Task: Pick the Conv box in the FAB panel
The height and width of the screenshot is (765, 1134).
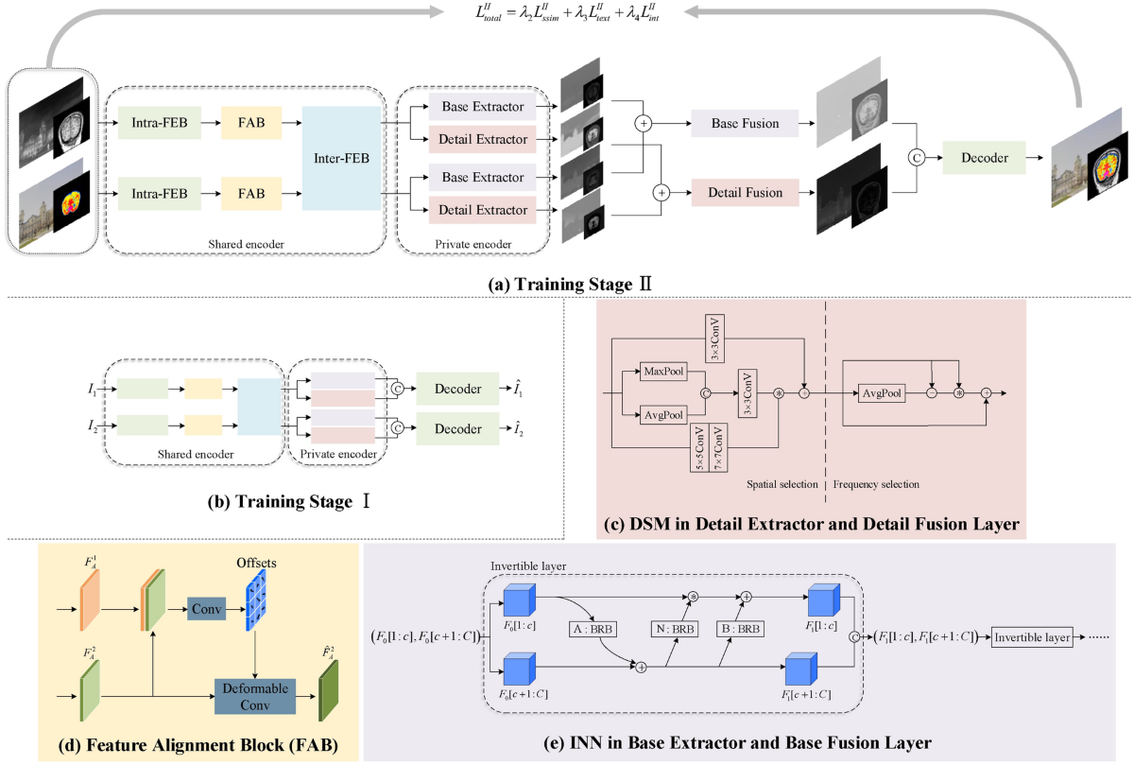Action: coord(204,610)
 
